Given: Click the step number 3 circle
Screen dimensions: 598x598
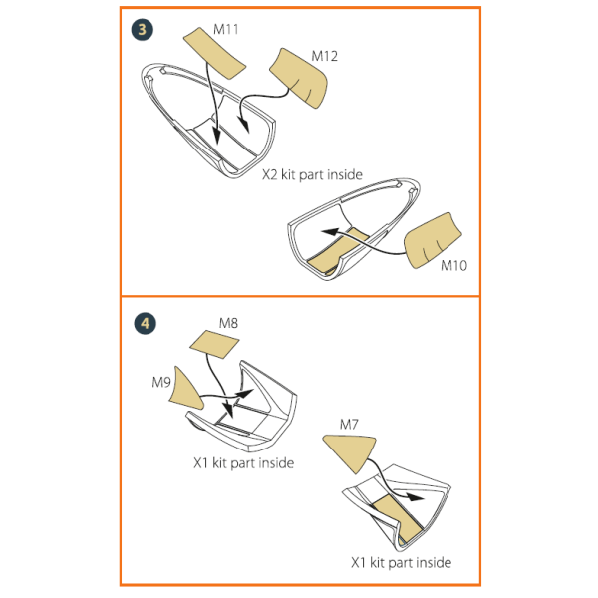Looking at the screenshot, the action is (143, 30).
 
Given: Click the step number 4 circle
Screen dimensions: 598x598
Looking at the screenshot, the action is (145, 323).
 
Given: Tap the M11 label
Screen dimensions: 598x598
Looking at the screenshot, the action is (226, 29).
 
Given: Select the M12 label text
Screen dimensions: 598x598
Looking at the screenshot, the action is (325, 56).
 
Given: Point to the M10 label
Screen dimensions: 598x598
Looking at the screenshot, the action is (453, 265).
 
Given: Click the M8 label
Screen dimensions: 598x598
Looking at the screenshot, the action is (228, 323).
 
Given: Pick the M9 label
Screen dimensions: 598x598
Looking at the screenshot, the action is (161, 382).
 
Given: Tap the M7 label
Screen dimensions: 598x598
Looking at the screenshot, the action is (349, 425).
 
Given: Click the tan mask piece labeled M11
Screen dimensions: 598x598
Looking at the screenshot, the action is (214, 53).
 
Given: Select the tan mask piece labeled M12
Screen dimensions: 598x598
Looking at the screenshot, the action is (300, 78).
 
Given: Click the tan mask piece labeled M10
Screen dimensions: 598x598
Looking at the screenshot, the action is (433, 240).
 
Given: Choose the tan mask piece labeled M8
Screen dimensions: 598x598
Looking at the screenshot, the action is (214, 344).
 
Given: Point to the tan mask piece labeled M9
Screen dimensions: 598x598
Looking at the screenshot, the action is (185, 389).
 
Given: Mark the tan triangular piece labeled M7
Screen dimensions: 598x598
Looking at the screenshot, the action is (350, 452).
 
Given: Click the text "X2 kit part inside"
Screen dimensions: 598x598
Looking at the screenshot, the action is (312, 174).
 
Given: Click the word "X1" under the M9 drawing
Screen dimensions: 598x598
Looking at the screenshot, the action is (200, 463).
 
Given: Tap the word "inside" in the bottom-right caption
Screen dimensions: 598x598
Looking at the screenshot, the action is (435, 562).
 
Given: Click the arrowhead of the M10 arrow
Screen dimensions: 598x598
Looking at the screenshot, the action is (330, 232).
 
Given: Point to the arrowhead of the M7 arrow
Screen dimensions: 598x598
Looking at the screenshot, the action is (415, 497).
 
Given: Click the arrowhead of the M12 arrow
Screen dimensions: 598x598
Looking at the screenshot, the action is (244, 126).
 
